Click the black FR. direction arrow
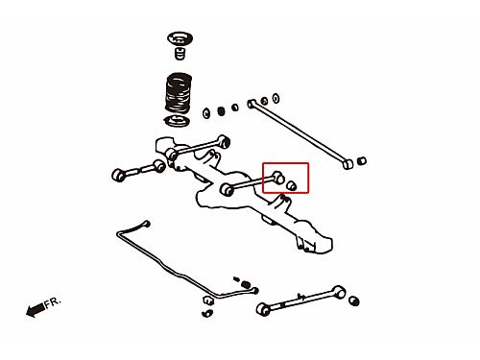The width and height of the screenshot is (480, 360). [x=36, y=310]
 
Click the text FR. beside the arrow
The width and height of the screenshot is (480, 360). [x=52, y=302]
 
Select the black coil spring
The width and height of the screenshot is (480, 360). [x=179, y=93]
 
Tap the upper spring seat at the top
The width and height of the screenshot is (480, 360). [x=180, y=39]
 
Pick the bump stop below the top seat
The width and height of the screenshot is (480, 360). [x=180, y=53]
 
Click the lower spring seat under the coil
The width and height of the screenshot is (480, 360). [x=177, y=121]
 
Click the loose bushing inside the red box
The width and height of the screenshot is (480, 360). [x=291, y=185]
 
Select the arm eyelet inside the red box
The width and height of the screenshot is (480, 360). [x=279, y=178]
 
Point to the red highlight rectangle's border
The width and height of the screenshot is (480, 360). [x=285, y=163]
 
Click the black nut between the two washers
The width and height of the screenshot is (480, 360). [x=221, y=111]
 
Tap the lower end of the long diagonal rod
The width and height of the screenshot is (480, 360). [x=348, y=164]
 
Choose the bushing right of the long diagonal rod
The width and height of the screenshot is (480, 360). [x=361, y=160]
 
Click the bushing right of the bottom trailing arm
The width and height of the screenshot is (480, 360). [x=353, y=300]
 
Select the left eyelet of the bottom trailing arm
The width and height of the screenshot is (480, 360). [x=263, y=309]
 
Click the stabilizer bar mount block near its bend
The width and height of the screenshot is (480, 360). [x=207, y=300]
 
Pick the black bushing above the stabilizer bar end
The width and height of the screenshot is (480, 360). [x=246, y=284]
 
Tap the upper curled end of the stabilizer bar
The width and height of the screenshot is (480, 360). [x=147, y=224]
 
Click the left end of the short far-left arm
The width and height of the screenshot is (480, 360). [x=118, y=175]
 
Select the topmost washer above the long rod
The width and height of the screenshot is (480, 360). [x=276, y=98]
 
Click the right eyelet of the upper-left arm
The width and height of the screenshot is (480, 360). [x=224, y=142]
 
